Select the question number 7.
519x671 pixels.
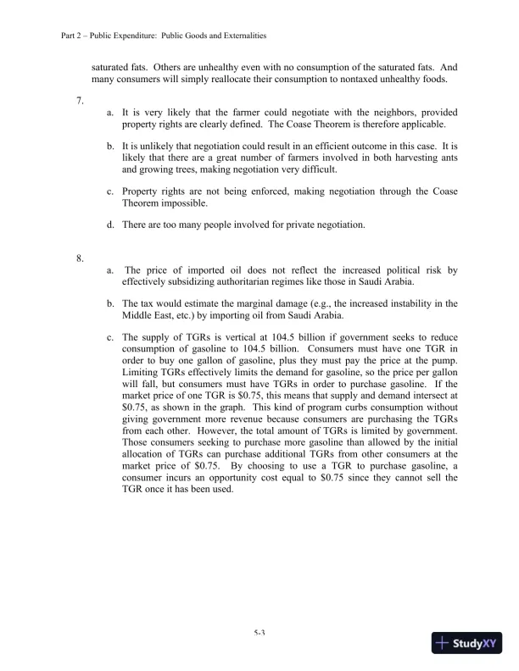pyautogui.click(x=79, y=100)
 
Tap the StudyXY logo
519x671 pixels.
pyautogui.click(x=467, y=643)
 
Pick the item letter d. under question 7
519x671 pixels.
pyautogui.click(x=110, y=224)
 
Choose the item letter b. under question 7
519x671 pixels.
pyautogui.click(x=110, y=146)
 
